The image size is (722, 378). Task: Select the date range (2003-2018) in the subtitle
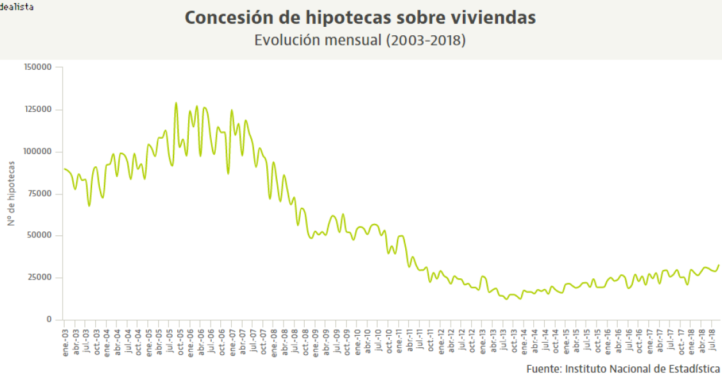tap(425, 40)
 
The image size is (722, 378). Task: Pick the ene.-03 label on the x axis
tap(65, 342)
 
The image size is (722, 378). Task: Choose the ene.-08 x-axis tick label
tap(274, 342)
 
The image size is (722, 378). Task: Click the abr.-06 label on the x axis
tap(201, 342)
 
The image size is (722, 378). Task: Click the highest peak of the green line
tap(176, 103)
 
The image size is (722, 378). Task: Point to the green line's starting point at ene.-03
tap(64, 169)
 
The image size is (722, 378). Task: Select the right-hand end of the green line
tap(719, 265)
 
